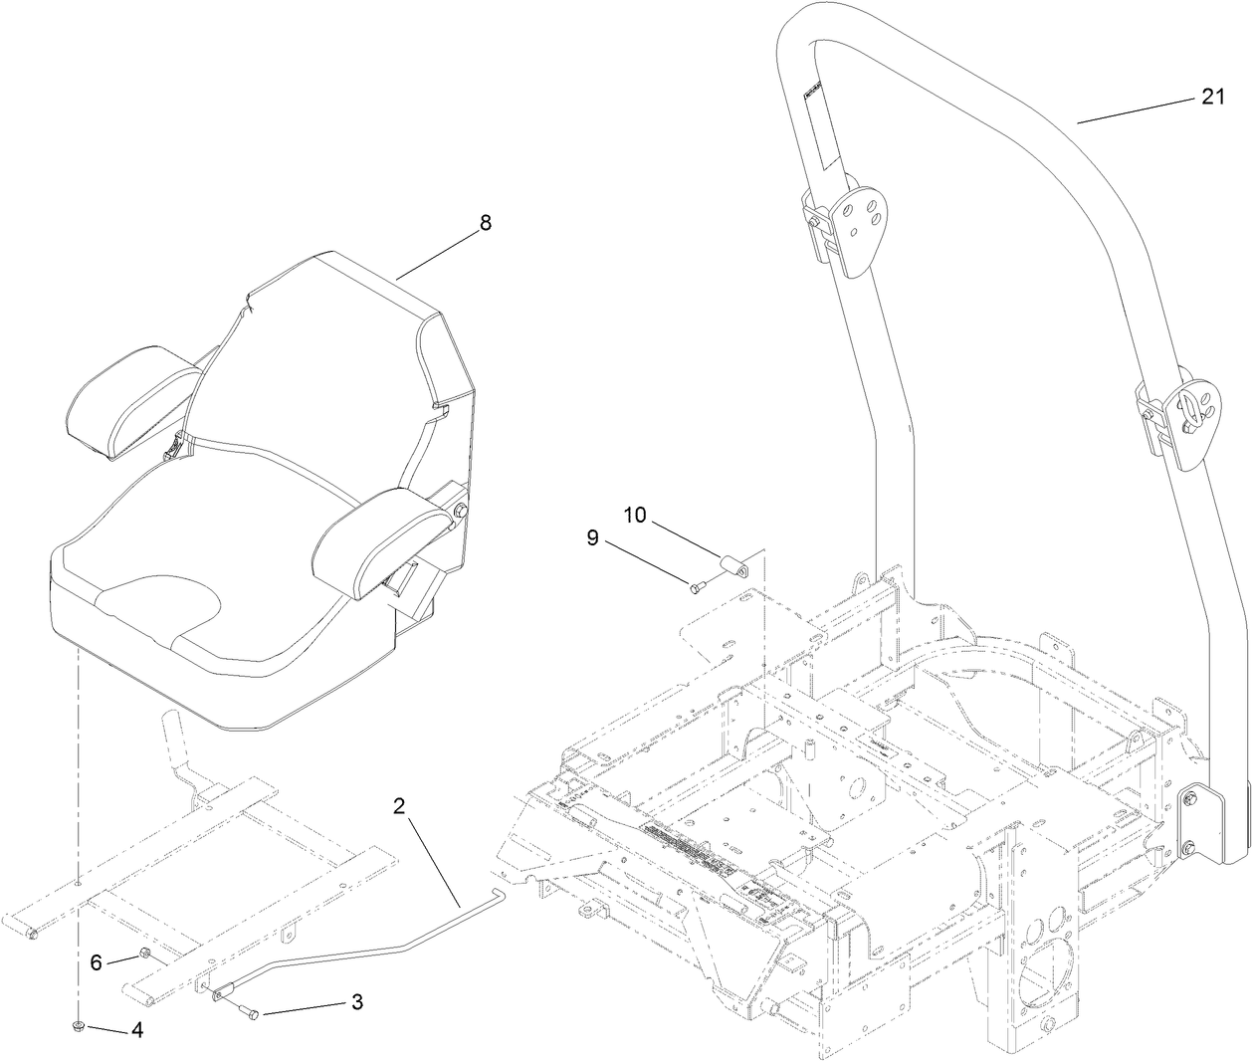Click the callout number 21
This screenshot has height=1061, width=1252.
click(1211, 97)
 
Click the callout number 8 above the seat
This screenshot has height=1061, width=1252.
click(485, 223)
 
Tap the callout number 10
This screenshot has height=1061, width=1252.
click(635, 515)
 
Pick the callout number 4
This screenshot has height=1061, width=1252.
click(137, 1032)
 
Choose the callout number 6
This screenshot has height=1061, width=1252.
click(96, 962)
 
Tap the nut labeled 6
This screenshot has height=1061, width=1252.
click(143, 956)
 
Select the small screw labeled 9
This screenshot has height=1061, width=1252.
click(697, 587)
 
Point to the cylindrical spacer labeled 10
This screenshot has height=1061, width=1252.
click(736, 570)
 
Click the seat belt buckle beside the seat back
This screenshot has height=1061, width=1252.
click(176, 448)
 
